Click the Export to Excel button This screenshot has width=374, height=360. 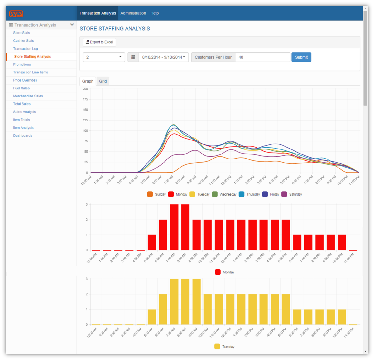tap(99, 42)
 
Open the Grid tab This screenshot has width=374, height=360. tap(103, 81)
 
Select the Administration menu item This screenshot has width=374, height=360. tap(133, 13)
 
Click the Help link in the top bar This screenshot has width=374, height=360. tap(155, 13)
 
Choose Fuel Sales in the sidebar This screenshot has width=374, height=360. tap(22, 88)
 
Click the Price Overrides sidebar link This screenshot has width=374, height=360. tap(25, 80)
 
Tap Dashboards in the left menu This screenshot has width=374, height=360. tap(23, 135)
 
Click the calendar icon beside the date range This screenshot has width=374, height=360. tap(133, 57)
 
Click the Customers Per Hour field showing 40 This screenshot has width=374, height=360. tap(262, 57)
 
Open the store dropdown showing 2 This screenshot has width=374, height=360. tap(104, 57)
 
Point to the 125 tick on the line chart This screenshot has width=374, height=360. tap(85, 120)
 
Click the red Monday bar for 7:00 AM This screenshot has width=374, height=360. tap(174, 227)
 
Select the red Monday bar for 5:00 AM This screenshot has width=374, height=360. tap(152, 242)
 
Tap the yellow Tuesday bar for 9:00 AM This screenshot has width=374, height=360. tap(196, 301)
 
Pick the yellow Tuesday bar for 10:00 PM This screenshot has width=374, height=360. tap(342, 317)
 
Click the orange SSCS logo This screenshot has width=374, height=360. tap(16, 13)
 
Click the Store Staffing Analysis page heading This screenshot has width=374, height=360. tap(115, 29)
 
